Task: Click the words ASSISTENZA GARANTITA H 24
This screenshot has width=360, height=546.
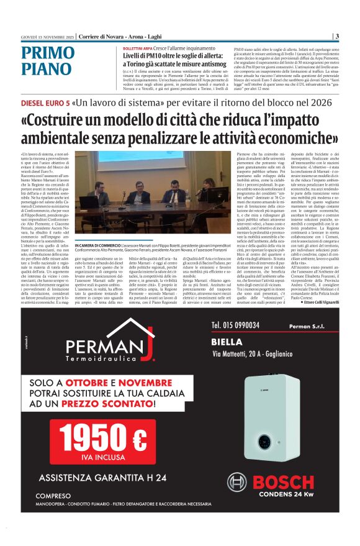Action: pyautogui.click(x=103, y=478)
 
